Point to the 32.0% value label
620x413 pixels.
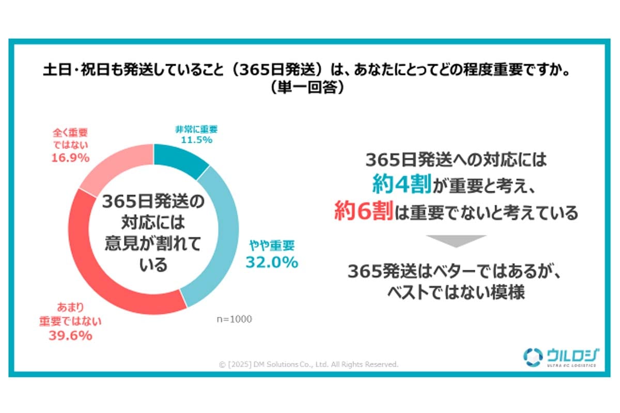point(271,263)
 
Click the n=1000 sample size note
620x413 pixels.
point(234,319)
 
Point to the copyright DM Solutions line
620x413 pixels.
point(308,364)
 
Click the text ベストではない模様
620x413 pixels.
point(456,293)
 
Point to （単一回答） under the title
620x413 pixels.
point(310,87)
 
